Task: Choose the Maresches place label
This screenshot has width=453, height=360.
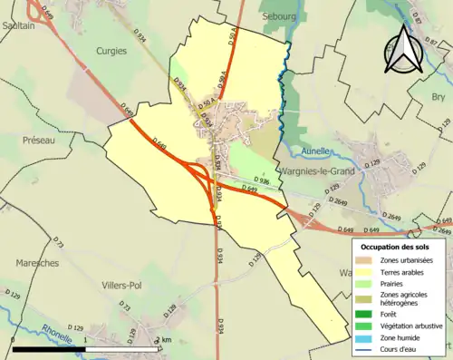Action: [39, 263]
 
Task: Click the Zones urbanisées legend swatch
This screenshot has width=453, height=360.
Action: [365, 260]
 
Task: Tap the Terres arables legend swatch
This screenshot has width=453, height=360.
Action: [365, 271]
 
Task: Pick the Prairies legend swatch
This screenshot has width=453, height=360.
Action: [365, 282]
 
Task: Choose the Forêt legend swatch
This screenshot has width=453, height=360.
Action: [365, 314]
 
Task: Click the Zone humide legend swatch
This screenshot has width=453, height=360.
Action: [365, 336]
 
